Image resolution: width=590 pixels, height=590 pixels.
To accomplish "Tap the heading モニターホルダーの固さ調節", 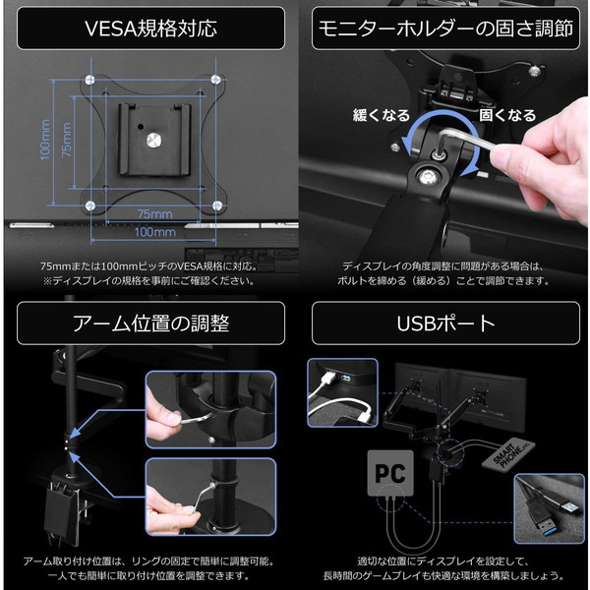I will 443,29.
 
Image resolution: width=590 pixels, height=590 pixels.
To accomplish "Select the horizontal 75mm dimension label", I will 155,213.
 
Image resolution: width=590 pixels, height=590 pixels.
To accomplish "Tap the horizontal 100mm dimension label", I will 154,233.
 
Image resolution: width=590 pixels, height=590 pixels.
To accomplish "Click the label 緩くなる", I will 381,116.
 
